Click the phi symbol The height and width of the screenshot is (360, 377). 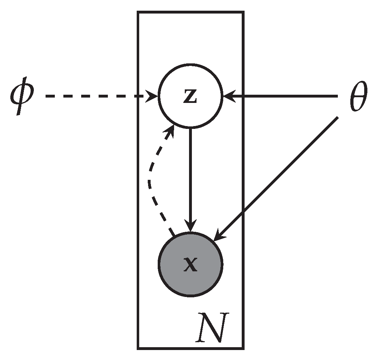click(21, 97)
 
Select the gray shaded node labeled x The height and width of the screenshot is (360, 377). click(190, 264)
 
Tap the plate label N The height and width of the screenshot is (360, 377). click(211, 327)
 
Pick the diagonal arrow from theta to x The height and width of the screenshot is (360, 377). click(278, 178)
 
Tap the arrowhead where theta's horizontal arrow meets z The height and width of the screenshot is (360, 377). click(228, 96)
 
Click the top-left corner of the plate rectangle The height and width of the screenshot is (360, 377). click(138, 12)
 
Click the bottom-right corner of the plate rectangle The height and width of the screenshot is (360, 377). click(243, 348)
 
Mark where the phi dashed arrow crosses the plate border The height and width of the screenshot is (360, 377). click(138, 96)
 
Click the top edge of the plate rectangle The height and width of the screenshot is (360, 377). click(190, 12)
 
